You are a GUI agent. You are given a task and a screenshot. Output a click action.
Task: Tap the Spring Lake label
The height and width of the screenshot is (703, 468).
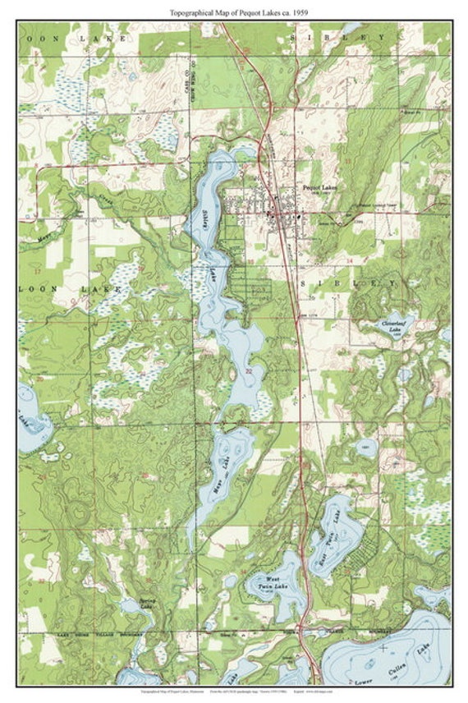147,604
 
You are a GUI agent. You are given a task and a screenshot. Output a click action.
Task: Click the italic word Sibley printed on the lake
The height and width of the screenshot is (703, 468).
204,219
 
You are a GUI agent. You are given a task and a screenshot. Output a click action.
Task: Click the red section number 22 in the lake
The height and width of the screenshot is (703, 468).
248,371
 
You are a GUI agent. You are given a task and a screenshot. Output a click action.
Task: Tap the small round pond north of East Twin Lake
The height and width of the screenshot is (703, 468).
367,448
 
